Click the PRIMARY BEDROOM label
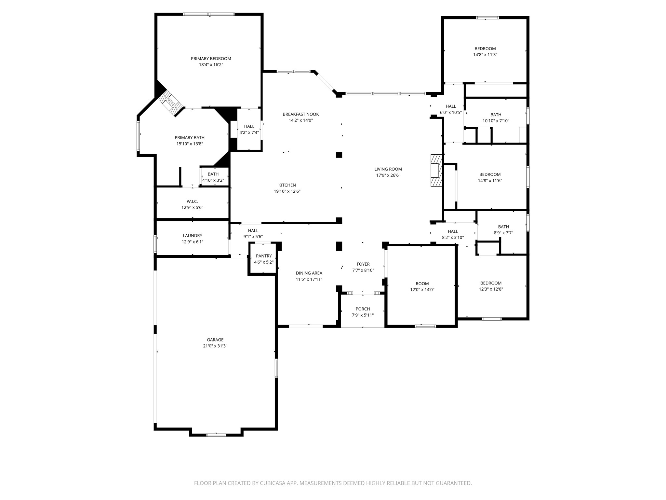pyautogui.click(x=211, y=59)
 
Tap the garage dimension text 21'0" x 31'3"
pyautogui.click(x=215, y=346)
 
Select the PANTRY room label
pyautogui.click(x=263, y=256)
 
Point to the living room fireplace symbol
pyautogui.click(x=436, y=170)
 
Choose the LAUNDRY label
pyautogui.click(x=193, y=236)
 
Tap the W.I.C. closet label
pyautogui.click(x=192, y=201)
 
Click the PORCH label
pyautogui.click(x=363, y=309)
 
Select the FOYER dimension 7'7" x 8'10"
pyautogui.click(x=363, y=270)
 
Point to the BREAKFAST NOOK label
pyautogui.click(x=300, y=114)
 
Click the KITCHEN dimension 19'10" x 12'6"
pyautogui.click(x=287, y=191)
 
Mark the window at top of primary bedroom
pyautogui.click(x=209, y=14)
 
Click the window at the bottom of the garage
pyautogui.click(x=216, y=435)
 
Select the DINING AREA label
pyautogui.click(x=309, y=273)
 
